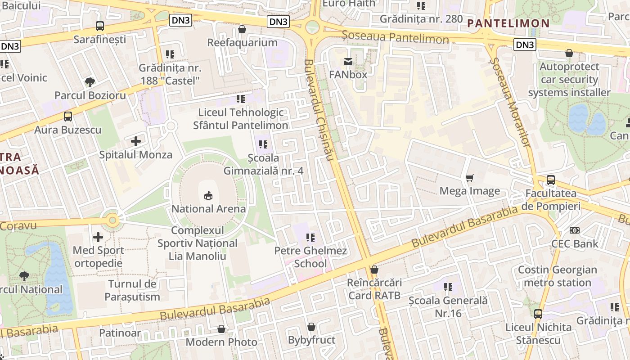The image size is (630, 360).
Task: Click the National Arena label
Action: [208, 209]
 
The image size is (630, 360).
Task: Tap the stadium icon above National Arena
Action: [208, 196]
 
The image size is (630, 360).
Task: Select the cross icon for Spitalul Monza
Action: [135, 141]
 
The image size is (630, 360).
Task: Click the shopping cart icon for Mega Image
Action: [470, 178]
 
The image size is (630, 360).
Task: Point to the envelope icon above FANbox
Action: [348, 62]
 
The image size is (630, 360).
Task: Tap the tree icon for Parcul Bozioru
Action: [90, 82]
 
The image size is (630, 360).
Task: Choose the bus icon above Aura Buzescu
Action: [68, 117]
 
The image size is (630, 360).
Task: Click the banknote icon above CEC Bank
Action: [575, 230]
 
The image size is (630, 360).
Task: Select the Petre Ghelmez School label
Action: [310, 257]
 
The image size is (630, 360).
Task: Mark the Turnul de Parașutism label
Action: [132, 290]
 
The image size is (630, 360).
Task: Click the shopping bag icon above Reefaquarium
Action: [242, 29]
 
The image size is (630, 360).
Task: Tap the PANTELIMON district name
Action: [508, 23]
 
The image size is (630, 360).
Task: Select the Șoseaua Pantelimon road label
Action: [395, 37]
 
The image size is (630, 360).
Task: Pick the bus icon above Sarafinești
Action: [100, 26]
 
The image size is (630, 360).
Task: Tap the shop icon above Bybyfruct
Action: [311, 327]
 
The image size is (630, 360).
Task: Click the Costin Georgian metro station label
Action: [558, 276]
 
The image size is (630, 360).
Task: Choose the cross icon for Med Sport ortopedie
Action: [98, 237]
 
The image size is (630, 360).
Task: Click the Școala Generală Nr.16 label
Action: [448, 306]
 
